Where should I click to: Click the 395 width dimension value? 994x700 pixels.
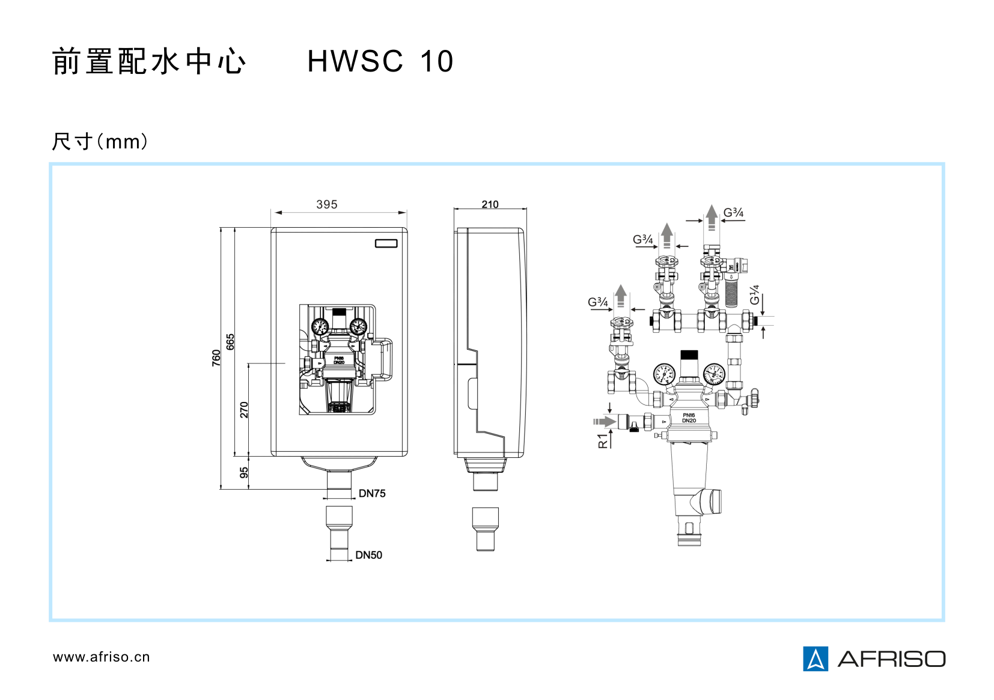326,204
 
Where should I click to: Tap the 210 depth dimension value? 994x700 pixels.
490,204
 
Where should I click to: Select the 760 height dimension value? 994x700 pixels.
216,358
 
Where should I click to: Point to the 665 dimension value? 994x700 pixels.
231,342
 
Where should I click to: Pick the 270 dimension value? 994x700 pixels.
244,410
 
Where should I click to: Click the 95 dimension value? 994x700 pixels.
244,473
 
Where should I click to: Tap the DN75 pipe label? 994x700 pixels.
372,493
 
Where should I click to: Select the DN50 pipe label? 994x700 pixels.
368,555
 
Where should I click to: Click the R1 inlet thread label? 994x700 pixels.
603,440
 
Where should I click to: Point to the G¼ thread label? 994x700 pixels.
755,295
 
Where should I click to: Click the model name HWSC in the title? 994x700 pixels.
355,61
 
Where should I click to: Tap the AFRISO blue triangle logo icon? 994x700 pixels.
816,659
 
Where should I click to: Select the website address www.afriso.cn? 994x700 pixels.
101,657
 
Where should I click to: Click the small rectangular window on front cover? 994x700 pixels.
386,243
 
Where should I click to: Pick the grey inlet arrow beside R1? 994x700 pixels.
605,421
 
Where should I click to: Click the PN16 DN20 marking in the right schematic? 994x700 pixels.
689,418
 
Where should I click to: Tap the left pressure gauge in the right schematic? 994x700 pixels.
664,374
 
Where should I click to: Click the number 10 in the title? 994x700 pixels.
437,61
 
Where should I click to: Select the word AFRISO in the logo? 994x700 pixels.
891,659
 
